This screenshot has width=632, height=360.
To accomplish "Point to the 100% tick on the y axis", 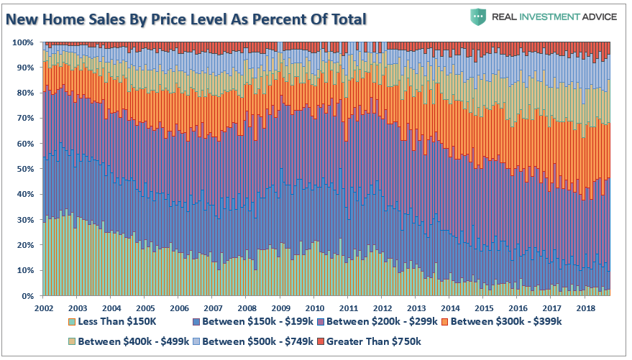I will [x=23, y=42].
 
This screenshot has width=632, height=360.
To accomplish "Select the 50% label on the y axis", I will [x=25, y=169].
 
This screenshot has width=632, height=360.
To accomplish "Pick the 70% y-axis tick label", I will [x=25, y=119].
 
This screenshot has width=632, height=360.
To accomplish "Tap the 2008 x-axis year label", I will [x=245, y=307].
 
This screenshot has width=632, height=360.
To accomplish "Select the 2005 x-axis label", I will [x=144, y=307].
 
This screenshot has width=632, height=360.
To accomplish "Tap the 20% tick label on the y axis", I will [x=25, y=245].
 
